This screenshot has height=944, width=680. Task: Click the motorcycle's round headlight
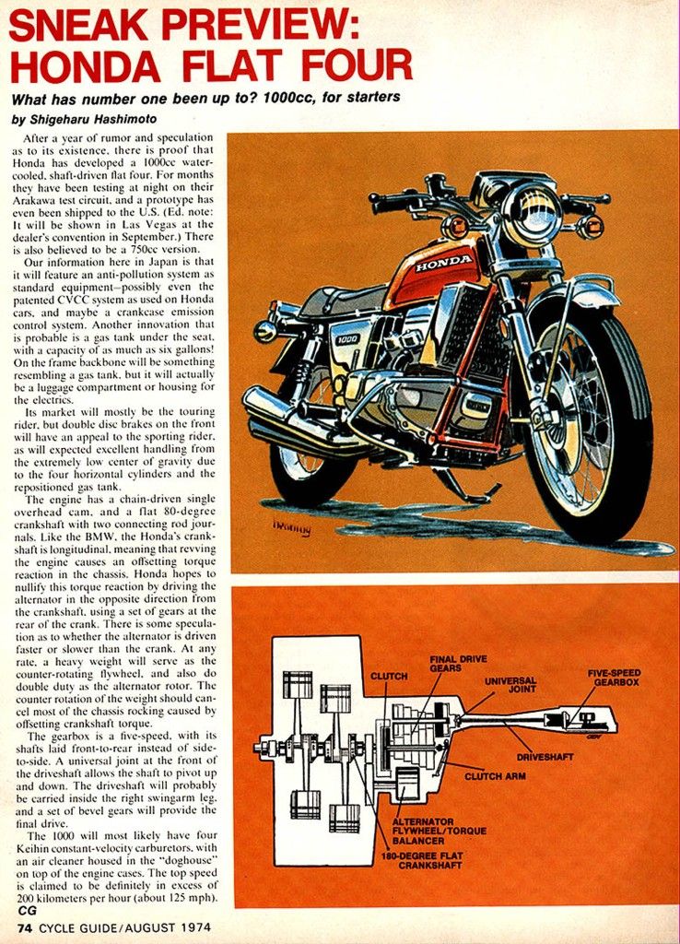532,214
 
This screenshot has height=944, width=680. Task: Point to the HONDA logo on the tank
444,263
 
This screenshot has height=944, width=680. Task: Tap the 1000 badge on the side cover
347,339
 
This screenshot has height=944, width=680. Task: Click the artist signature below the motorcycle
292,528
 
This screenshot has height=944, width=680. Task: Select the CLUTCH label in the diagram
389,676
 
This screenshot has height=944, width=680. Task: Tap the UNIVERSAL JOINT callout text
510,685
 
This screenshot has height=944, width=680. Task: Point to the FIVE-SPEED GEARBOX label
615,678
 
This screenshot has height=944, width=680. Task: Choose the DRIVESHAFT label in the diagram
545,757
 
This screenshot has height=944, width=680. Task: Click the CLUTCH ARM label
495,776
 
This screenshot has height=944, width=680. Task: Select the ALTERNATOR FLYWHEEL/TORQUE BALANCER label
440,831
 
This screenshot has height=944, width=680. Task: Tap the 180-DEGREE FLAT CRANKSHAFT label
422,860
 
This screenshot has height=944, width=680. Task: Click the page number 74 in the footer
25,927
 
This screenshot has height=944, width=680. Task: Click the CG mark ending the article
27,910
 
